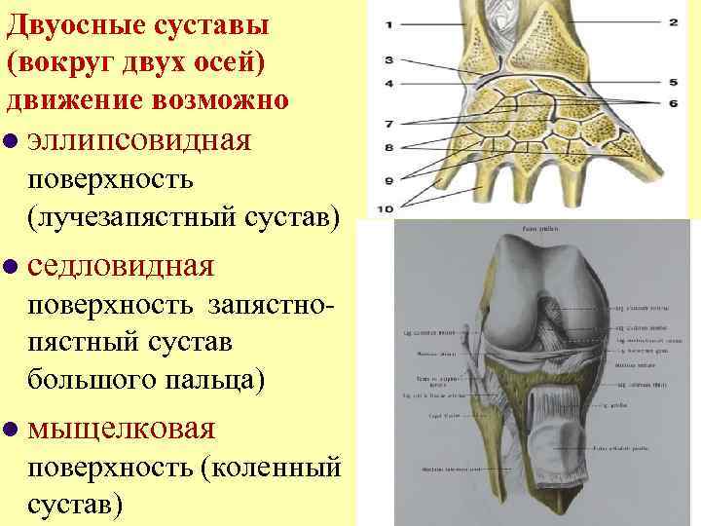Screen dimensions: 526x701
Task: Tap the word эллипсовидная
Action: [x=140, y=140]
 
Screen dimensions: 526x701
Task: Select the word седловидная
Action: [x=121, y=265]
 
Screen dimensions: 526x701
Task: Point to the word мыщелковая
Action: [x=123, y=428]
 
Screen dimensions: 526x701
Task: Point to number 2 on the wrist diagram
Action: [x=674, y=21]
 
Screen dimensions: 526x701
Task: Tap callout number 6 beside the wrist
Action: [x=674, y=102]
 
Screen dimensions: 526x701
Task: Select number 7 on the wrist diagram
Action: [x=389, y=124]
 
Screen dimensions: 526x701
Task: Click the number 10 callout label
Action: [x=387, y=207]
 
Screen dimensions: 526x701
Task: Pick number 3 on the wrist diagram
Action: [x=389, y=60]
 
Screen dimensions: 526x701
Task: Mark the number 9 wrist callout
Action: [x=389, y=180]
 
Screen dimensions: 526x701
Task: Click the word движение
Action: [x=78, y=99]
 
